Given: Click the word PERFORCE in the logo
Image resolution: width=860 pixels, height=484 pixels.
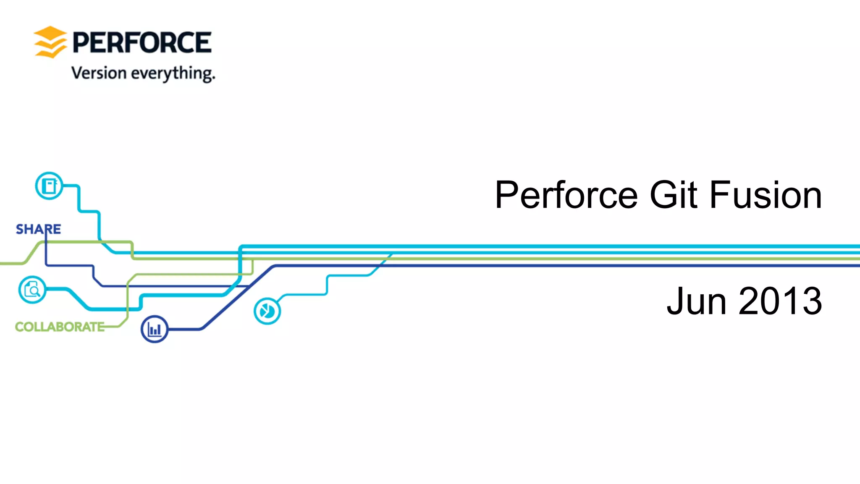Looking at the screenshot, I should point(142,42).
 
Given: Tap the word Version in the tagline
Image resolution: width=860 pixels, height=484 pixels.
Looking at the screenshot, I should point(99,73).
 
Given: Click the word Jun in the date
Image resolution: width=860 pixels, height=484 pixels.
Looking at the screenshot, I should point(697,301).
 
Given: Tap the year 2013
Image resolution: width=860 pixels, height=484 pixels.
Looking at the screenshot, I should point(780,301).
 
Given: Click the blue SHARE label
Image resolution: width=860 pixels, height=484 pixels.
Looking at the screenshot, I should point(38,229).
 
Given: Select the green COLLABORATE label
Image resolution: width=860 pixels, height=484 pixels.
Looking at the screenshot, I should point(60,327).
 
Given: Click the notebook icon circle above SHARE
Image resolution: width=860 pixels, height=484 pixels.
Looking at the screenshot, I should point(49,186).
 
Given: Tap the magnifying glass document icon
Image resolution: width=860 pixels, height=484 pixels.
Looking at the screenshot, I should point(32,290).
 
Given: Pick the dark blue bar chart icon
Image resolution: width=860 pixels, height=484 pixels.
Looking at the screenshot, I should point(155,329).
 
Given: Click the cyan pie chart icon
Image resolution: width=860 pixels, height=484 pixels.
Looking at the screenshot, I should point(267,311).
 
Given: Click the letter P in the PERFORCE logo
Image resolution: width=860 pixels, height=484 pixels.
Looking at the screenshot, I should point(81,42).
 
